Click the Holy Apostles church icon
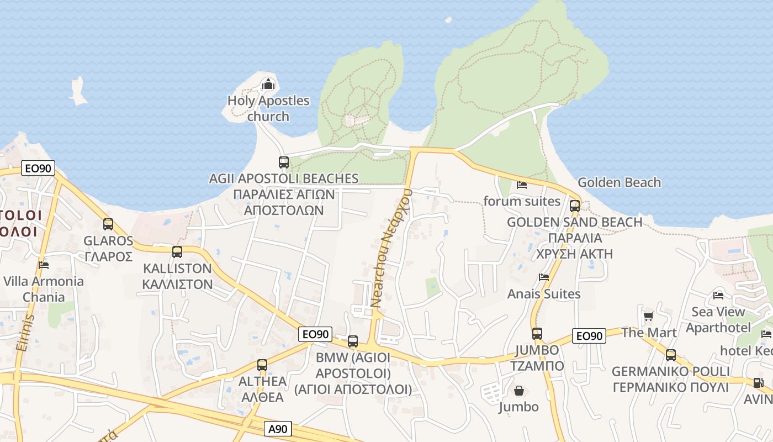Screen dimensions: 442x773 point(268,84)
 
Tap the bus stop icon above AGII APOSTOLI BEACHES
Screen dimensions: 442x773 point(284,162)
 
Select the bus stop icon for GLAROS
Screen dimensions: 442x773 point(108,224)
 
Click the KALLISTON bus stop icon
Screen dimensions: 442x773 point(177,252)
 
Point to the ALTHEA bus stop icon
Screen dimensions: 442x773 point(262,365)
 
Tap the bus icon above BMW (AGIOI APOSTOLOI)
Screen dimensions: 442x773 point(353,341)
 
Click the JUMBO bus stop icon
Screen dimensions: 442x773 point(537,334)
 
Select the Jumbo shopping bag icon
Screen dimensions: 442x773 point(519,391)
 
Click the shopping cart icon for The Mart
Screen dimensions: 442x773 point(648,316)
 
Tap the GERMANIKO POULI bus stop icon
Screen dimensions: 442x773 point(671,355)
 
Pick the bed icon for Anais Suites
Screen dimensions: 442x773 point(544,277)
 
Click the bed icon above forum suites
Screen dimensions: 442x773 point(522,185)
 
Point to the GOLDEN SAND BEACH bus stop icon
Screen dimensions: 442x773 point(575,206)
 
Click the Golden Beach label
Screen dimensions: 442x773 point(619,182)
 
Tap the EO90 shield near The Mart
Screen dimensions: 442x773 point(589,336)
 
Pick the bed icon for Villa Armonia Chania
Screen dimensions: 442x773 point(44,265)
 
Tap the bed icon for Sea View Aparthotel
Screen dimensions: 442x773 point(718,296)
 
